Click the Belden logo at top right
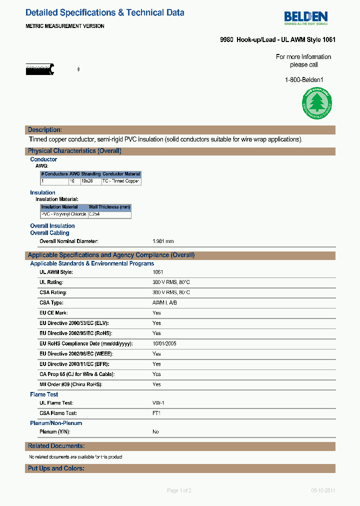coord(306,18)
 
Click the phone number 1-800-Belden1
coord(304,79)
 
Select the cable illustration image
coord(40,69)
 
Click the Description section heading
coord(45,130)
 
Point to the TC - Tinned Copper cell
coord(120,181)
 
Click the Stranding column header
coord(91,174)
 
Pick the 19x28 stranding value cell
coord(87,181)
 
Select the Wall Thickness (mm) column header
coord(109,207)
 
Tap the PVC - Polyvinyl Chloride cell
coord(63,214)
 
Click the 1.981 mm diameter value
coord(163,241)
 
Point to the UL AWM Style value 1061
coord(157,272)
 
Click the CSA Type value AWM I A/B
coord(164,303)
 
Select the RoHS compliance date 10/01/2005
coord(164,344)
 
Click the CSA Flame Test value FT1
coord(156,413)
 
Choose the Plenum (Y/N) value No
coord(155,431)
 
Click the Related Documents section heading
coord(56,446)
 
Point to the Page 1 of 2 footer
coord(179,490)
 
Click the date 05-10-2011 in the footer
coord(322,490)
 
